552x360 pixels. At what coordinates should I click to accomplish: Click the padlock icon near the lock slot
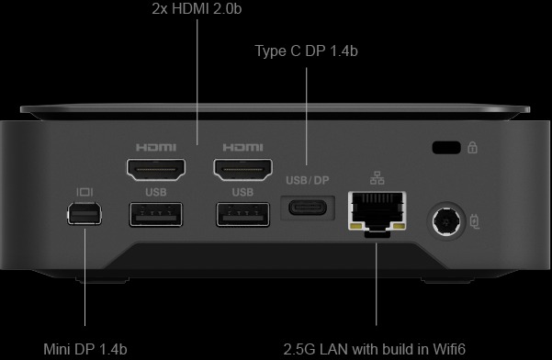[x=472, y=147]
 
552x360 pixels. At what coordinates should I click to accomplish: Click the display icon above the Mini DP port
[x=84, y=192]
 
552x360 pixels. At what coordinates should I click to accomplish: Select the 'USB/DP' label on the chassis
[x=308, y=180]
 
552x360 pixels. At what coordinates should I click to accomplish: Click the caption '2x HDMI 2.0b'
[x=198, y=10]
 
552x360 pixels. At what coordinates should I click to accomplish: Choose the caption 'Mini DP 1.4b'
[x=85, y=348]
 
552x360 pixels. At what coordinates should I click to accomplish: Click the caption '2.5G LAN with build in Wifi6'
[x=376, y=348]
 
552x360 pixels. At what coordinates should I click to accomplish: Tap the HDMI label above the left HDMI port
[x=155, y=147]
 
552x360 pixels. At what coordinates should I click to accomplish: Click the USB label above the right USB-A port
[x=242, y=192]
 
